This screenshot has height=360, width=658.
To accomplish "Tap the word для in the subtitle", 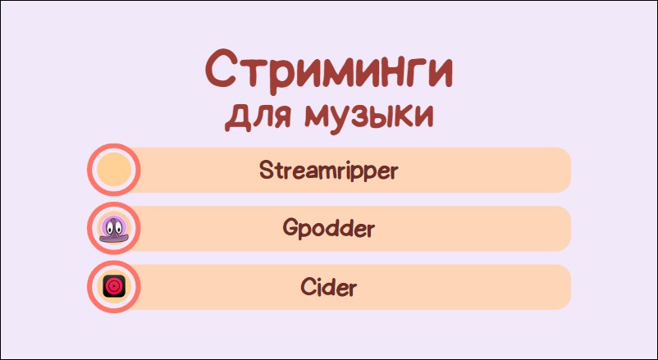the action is pos(258,116).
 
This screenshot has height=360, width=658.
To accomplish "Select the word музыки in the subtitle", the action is pos(368,117).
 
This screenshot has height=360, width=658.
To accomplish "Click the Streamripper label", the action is pos(328,171).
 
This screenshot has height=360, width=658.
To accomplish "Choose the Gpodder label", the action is pos(328,229).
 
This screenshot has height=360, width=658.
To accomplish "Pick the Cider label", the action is pos(328,287).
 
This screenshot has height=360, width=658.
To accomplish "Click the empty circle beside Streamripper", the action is pos(114,170).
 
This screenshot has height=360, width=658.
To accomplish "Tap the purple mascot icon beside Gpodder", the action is pos(114,230).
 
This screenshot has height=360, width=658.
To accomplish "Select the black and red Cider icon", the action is pos(114,286).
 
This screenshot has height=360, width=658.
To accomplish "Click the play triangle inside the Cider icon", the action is pos(114,286).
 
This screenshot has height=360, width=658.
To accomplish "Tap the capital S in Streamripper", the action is pos(266,170).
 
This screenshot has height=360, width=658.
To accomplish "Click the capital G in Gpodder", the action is pos(290,228).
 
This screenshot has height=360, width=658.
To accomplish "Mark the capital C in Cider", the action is pos(308,287).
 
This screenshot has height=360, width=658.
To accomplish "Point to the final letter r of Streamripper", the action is pos(392,172).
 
